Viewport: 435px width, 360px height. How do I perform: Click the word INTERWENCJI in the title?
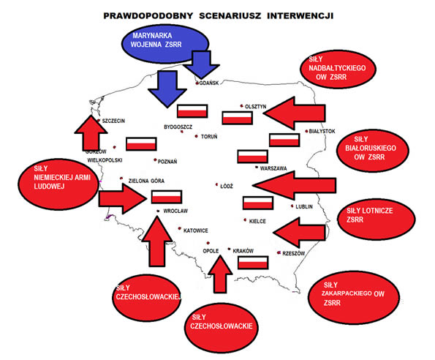point(300,16)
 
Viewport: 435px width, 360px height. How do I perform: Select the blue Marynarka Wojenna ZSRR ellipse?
point(164,44)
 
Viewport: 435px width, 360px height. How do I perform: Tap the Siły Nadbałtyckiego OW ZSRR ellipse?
point(338,69)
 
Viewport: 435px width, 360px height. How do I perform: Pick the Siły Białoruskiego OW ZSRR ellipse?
point(373,150)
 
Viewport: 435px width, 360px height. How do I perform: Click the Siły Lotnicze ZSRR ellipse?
point(377,219)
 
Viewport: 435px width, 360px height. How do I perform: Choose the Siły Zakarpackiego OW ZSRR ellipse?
point(353,298)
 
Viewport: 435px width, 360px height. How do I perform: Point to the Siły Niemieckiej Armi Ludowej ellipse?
point(58,184)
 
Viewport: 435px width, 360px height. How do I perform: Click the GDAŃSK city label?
point(209,83)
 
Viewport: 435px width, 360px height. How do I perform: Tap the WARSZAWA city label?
point(273,168)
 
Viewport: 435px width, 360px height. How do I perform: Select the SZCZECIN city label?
point(113,121)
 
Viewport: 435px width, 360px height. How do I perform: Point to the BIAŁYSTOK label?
point(322,131)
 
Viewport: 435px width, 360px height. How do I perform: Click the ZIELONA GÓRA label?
point(146,181)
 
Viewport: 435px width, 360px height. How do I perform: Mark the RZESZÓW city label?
point(293,253)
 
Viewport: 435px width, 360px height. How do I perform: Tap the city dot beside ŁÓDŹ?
point(217,184)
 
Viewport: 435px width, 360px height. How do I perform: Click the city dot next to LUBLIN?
point(292,206)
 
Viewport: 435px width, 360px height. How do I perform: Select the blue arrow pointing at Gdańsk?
point(202,64)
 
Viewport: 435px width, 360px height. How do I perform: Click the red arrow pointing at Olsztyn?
point(295,113)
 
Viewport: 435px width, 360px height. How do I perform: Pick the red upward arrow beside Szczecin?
point(91,133)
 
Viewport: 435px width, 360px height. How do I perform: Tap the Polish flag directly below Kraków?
point(253,263)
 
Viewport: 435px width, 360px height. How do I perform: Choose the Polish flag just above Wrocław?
point(167,197)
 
